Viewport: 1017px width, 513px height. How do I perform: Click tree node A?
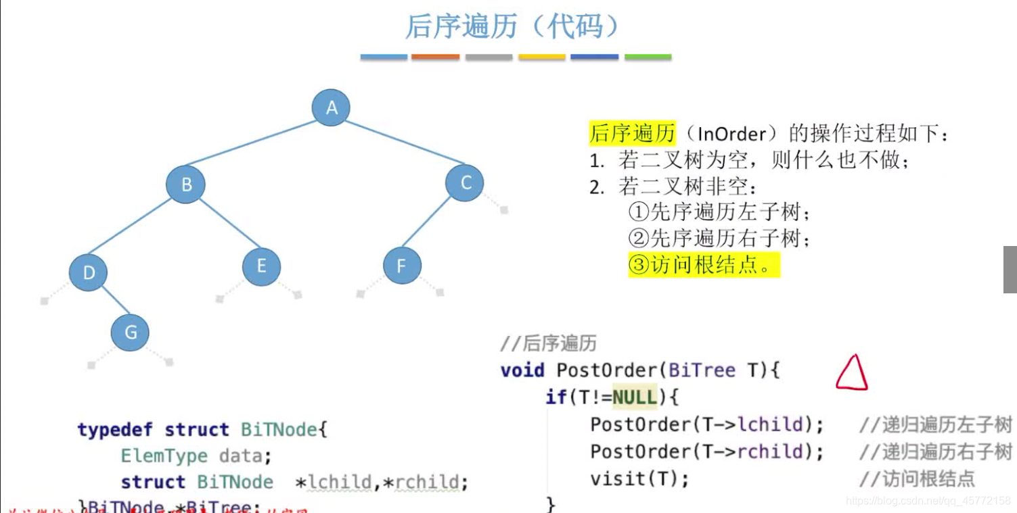[x=331, y=107]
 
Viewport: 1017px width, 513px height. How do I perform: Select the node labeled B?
[x=186, y=184]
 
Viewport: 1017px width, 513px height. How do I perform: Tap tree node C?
[x=465, y=182]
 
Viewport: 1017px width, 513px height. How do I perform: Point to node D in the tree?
[x=89, y=272]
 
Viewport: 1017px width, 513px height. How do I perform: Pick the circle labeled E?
[x=262, y=266]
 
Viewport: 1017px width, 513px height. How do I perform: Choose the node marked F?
[x=402, y=266]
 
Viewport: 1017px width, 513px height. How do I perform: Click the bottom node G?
[x=131, y=332]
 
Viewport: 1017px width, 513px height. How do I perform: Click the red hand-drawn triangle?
[x=851, y=374]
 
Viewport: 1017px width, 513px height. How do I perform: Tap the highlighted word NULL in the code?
[x=635, y=397]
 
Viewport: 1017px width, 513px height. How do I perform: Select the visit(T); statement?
[x=639, y=479]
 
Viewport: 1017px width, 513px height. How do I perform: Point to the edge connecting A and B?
[x=257, y=145]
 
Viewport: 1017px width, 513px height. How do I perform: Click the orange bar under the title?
[x=435, y=57]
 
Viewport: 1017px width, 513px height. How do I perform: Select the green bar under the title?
[x=648, y=57]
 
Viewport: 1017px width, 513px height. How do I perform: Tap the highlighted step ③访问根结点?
[x=704, y=265]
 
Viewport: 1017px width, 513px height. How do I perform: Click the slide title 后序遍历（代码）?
[x=512, y=27]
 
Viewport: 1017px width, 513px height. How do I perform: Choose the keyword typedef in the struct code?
[x=114, y=430]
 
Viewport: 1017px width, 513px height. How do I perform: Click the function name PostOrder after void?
[x=606, y=370]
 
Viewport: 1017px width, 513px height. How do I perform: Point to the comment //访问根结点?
[x=917, y=479]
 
